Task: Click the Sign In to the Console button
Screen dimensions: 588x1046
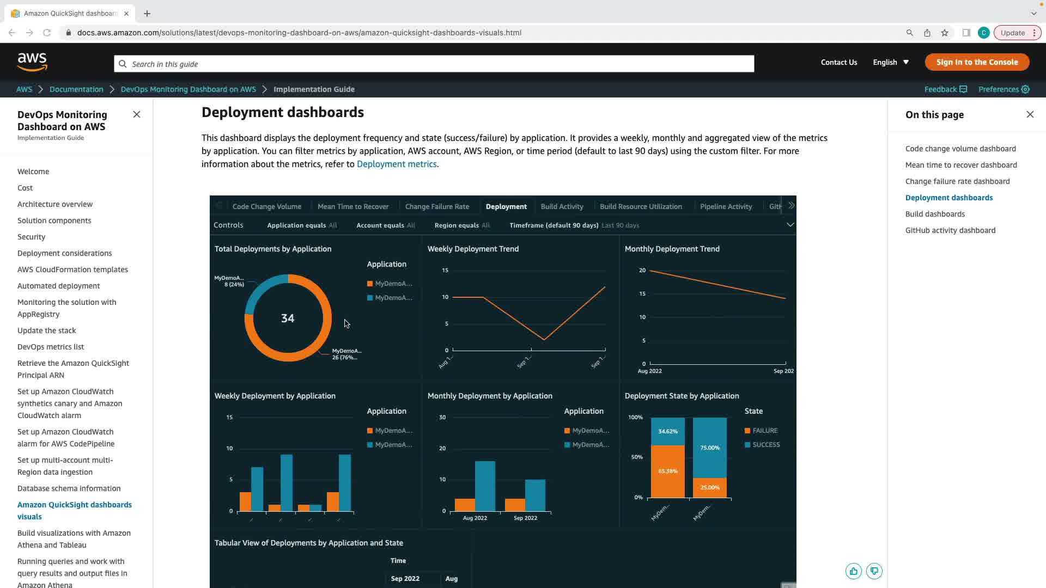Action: click(977, 62)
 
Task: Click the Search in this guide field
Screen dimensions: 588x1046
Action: click(434, 64)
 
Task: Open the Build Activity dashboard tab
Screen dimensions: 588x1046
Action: click(562, 206)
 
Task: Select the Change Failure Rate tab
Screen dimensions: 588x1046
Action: click(437, 206)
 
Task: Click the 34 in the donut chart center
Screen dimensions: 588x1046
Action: click(288, 318)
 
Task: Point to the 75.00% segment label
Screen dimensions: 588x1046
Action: click(709, 448)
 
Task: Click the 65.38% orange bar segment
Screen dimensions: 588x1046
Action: click(667, 471)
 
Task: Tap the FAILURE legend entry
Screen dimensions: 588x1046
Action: click(764, 431)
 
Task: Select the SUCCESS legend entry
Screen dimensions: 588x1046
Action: click(765, 445)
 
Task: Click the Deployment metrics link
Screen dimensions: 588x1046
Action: click(397, 164)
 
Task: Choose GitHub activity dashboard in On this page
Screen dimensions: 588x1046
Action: click(950, 230)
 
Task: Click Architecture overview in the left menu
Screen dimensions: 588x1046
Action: click(55, 204)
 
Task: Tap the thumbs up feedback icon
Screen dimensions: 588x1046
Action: click(853, 571)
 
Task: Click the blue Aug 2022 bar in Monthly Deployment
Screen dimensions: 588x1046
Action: click(485, 486)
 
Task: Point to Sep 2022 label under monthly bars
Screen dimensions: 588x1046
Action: click(525, 518)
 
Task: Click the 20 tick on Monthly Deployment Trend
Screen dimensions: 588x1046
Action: click(642, 270)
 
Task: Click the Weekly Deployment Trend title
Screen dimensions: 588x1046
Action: click(473, 249)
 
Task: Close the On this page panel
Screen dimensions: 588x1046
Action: click(1030, 114)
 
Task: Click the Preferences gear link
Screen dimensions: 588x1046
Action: click(1004, 89)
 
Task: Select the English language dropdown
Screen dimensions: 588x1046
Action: click(891, 62)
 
